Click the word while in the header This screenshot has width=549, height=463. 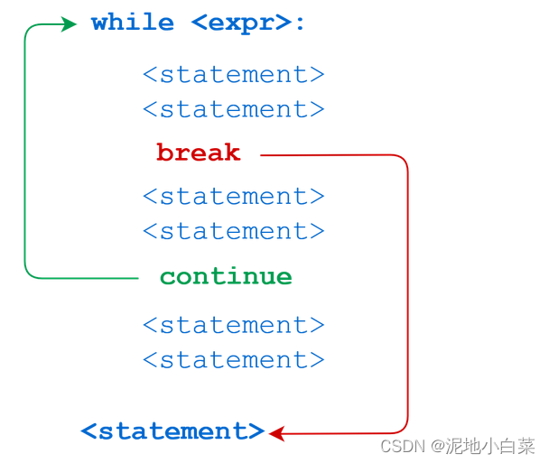pos(132,23)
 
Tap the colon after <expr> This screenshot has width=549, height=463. pos(301,23)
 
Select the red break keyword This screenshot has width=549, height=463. pos(198,153)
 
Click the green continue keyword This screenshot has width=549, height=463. pos(226,277)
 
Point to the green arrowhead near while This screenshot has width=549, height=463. pos(70,24)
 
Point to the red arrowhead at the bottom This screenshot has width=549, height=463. pos(277,434)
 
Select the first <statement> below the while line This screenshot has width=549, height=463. pos(233,75)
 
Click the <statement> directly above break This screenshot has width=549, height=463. pos(233,110)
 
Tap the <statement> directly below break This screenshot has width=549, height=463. pos(233,197)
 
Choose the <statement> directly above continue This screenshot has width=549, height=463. pos(233,232)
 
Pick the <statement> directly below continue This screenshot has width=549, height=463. pos(233,326)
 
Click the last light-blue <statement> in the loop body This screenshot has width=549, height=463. pos(233,361)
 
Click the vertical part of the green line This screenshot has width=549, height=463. pos(25,153)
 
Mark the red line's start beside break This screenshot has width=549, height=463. pos(263,155)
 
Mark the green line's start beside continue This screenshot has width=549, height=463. pos(136,278)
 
